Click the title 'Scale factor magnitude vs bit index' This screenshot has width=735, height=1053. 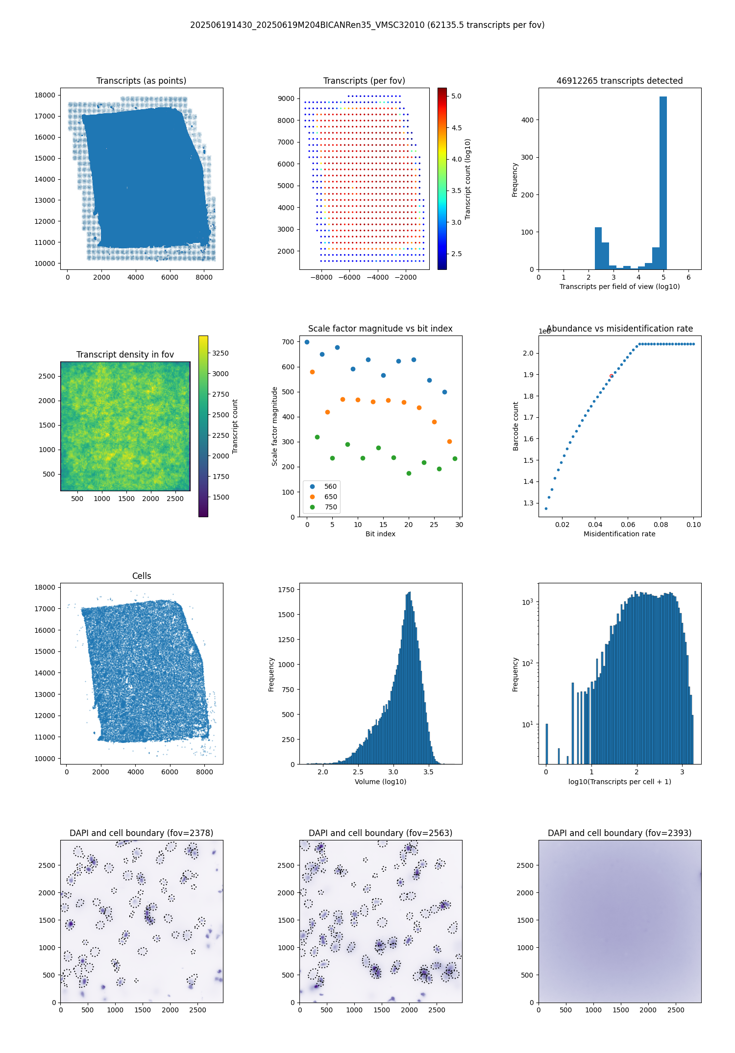[x=380, y=329]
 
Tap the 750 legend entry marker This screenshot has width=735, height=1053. [x=313, y=507]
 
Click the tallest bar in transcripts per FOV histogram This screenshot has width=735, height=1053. [x=663, y=183]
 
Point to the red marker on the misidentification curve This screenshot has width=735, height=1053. [x=611, y=376]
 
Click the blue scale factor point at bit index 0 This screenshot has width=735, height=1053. [x=307, y=342]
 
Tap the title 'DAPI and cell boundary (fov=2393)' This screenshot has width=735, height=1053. [x=619, y=833]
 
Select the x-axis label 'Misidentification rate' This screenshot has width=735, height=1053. [x=619, y=534]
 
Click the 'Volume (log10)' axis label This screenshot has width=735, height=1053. [x=380, y=782]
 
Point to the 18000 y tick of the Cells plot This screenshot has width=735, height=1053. [x=45, y=587]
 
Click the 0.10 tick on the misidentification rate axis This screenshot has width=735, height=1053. [x=694, y=525]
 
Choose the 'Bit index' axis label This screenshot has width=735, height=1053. [x=380, y=534]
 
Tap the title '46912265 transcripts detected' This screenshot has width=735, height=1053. [x=619, y=81]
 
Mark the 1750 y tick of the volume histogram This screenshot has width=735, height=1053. [x=286, y=590]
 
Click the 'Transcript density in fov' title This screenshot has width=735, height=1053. [x=125, y=355]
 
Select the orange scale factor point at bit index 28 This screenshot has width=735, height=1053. [x=449, y=442]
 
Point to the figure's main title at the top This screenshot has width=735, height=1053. [x=367, y=25]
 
